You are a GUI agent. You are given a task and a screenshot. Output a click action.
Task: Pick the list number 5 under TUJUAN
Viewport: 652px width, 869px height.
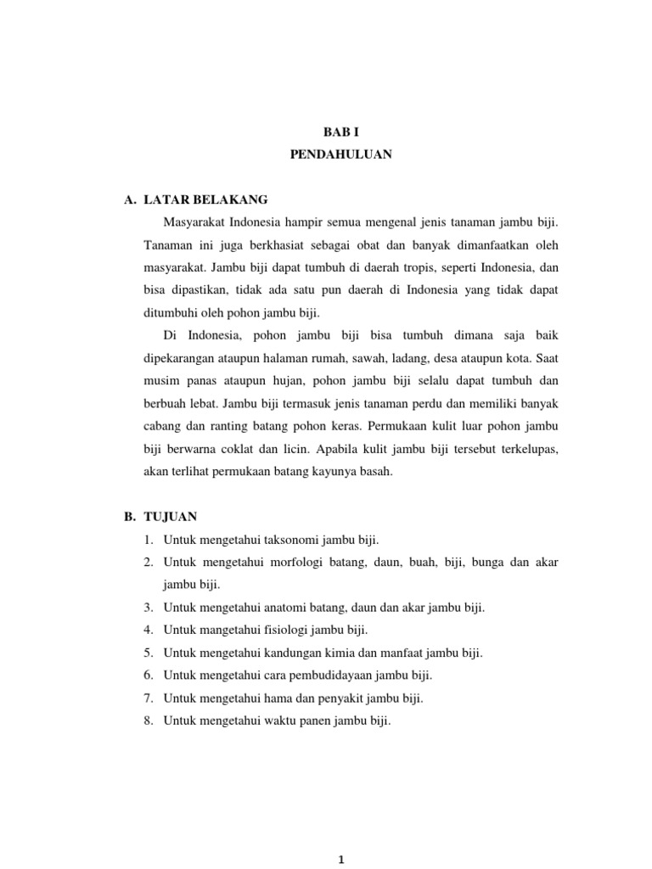(x=148, y=653)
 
